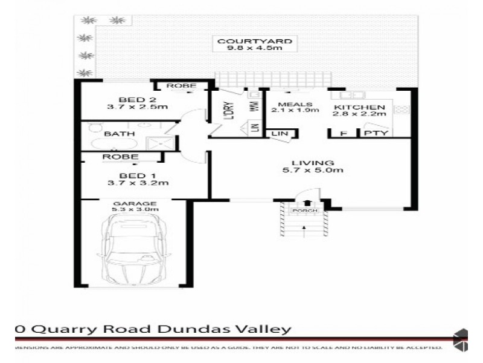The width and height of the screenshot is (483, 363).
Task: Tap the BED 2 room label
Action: [129, 99]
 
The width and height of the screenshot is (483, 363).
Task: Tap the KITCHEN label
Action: [360, 107]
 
